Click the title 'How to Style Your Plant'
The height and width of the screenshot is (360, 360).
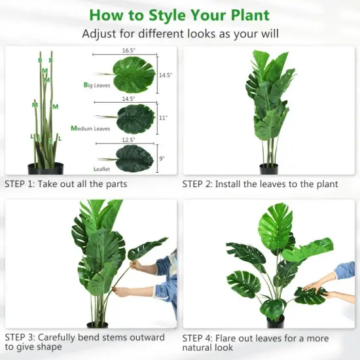179,14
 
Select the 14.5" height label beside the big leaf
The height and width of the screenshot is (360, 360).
165,75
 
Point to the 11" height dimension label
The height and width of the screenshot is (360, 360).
163,118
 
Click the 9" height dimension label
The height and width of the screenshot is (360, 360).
162,158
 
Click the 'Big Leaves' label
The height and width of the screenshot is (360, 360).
97,85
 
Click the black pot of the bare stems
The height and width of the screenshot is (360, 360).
45,168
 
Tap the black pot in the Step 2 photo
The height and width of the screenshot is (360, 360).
268,168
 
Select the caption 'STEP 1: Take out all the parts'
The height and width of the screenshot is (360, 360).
66,184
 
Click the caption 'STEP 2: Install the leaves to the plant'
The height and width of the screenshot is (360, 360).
260,184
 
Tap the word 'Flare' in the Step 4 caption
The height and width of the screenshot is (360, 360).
230,338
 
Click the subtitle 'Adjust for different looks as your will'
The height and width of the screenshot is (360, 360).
179,34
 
